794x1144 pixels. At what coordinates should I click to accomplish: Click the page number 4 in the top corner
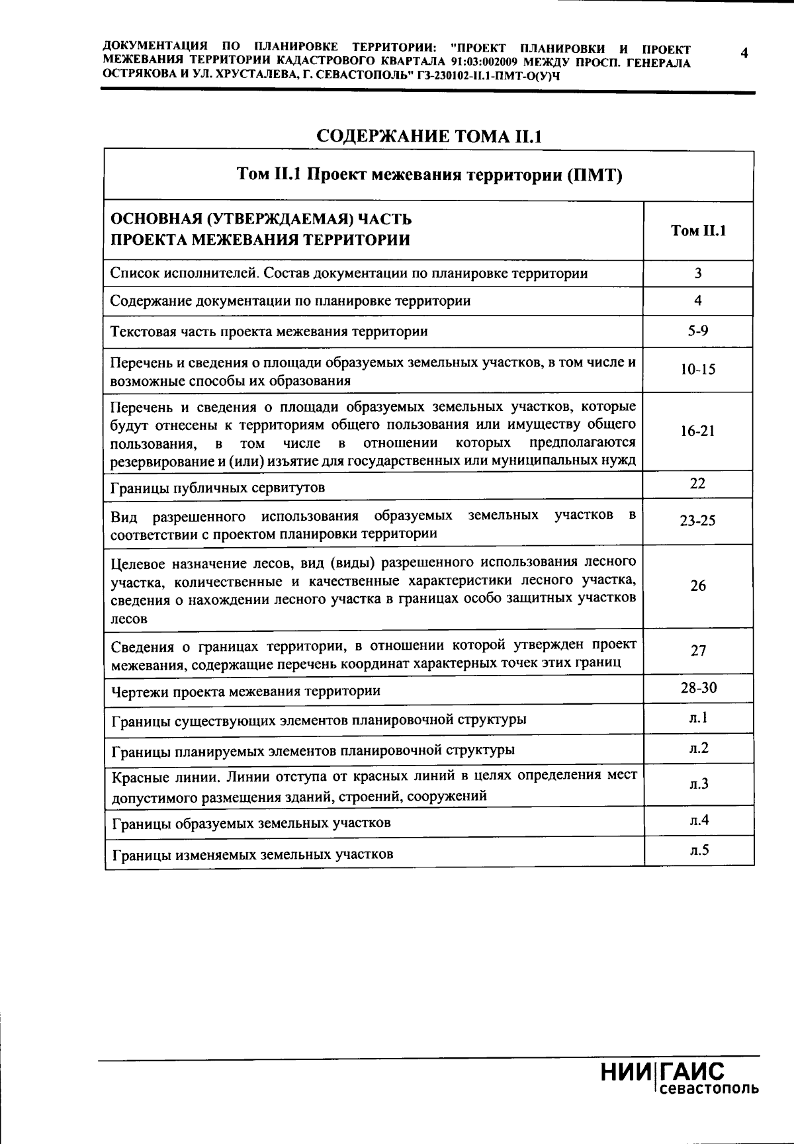[x=744, y=53]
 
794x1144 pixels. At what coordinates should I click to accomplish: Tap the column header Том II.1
[x=698, y=230]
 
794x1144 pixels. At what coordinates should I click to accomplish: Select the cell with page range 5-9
[x=698, y=330]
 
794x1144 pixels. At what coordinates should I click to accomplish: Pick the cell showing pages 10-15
[x=698, y=370]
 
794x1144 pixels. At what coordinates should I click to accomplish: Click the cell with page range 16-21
[x=698, y=431]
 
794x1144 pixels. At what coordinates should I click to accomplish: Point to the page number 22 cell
[x=698, y=484]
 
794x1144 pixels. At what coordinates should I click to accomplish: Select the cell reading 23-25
[x=698, y=521]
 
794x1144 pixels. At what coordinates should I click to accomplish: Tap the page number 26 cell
[x=698, y=586]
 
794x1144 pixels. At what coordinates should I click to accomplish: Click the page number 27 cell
[x=698, y=650]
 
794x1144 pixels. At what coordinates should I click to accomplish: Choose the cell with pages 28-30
[x=698, y=688]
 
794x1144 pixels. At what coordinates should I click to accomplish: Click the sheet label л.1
[x=698, y=717]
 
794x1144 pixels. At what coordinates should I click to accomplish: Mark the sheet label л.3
[x=698, y=784]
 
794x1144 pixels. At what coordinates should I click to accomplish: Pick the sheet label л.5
[x=698, y=850]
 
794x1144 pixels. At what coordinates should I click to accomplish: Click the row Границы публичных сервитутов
[x=218, y=488]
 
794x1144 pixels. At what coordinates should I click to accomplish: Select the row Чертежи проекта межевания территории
[x=245, y=691]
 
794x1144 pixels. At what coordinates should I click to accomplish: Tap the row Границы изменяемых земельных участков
[x=253, y=854]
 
